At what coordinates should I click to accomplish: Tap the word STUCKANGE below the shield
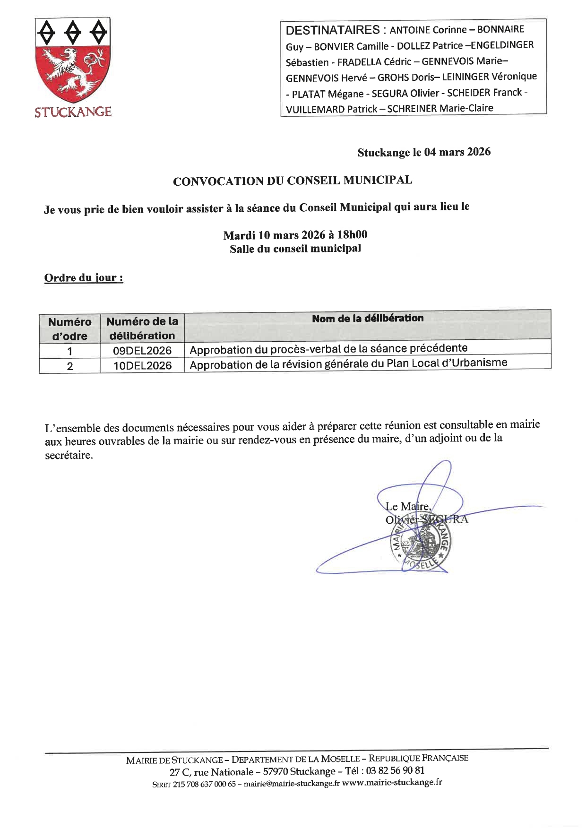click(x=73, y=112)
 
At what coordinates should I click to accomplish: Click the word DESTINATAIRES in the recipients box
click(x=333, y=30)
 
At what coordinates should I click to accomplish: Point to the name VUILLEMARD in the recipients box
click(x=315, y=109)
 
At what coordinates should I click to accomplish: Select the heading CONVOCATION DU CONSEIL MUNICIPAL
click(x=293, y=181)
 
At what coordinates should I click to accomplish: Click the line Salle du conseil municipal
click(x=295, y=249)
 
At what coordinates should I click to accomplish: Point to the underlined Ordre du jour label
click(x=84, y=277)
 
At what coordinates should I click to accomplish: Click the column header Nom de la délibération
click(x=368, y=318)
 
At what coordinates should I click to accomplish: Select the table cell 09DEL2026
click(x=142, y=351)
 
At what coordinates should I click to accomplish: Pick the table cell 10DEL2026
click(x=142, y=365)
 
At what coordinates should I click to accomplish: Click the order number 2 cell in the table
click(x=70, y=366)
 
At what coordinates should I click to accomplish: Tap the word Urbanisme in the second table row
click(x=482, y=363)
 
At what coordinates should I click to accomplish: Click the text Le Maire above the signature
click(x=407, y=507)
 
